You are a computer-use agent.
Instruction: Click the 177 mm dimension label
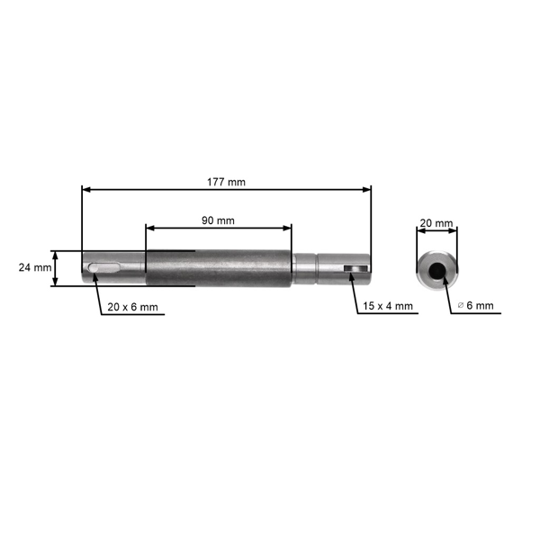225,182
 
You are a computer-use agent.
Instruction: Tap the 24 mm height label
34,267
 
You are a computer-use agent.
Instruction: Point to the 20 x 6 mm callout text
132,307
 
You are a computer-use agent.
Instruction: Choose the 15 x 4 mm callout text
388,306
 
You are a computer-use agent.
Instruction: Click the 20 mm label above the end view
436,222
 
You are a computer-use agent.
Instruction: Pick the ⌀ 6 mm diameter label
476,306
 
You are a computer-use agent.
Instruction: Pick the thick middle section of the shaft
220,268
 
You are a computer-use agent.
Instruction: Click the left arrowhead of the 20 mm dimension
419,229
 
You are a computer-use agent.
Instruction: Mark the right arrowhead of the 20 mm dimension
454,229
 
